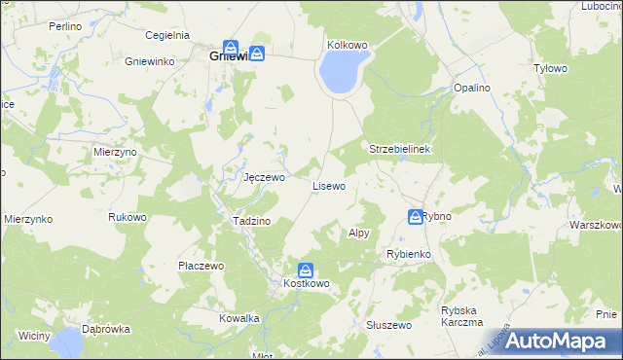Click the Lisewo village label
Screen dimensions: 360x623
328,185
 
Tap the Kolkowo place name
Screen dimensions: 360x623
348,45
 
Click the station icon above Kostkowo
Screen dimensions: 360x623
306,270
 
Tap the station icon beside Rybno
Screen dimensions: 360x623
415,216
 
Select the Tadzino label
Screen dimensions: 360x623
250,221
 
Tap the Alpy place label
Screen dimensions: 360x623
358,234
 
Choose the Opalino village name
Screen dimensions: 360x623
472,89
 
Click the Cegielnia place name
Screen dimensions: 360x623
165,35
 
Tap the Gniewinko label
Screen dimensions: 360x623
149,61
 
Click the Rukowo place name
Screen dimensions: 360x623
127,217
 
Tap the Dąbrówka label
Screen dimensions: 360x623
106,329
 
